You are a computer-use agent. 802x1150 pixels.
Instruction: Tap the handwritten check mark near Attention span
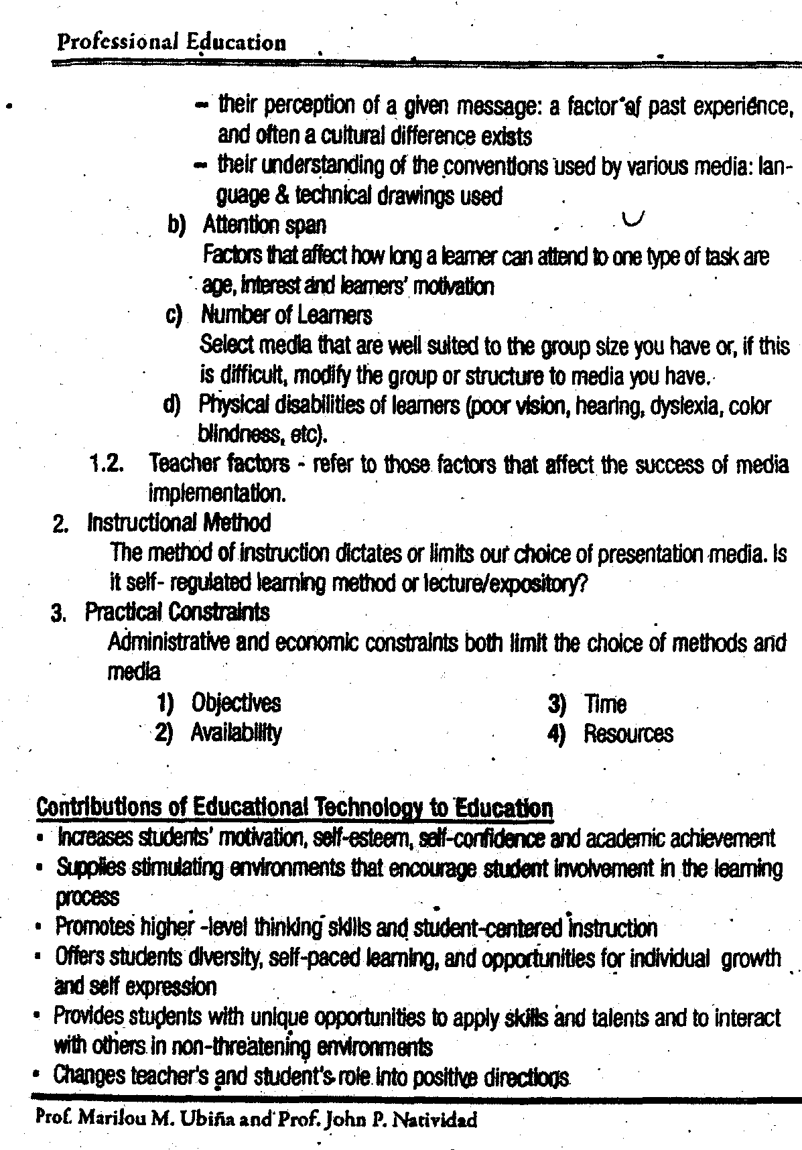tap(633, 218)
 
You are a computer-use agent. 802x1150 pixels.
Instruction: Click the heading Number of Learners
tap(286, 315)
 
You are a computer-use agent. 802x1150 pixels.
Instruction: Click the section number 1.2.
tap(106, 464)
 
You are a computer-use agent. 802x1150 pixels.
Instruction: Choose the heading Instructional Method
tap(179, 523)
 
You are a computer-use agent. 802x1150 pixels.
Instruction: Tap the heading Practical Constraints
tap(177, 613)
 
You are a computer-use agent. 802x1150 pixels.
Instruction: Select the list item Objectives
tap(236, 703)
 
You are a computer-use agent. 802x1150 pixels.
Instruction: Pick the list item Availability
tap(236, 732)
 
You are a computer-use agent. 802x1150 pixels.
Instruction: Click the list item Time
tap(605, 704)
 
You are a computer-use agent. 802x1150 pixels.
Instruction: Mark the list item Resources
tap(628, 734)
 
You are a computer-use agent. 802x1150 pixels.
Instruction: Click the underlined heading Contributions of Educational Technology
tap(295, 808)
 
